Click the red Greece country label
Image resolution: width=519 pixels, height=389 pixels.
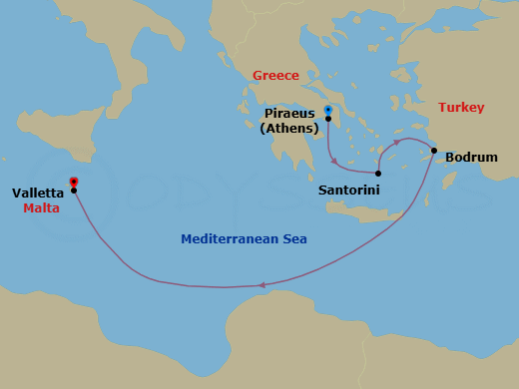click(275, 76)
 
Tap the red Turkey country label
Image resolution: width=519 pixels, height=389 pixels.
click(461, 108)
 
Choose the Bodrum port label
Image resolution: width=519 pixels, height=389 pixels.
click(471, 158)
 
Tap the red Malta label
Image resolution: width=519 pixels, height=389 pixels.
click(41, 208)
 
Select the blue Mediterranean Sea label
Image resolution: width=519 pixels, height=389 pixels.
click(244, 239)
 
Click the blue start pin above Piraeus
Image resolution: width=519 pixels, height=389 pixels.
click(328, 109)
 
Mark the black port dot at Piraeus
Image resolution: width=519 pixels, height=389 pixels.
click(328, 119)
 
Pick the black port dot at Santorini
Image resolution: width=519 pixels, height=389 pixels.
click(378, 173)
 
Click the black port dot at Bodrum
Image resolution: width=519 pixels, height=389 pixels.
click(434, 152)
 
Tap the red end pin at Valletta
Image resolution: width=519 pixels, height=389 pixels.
click(74, 182)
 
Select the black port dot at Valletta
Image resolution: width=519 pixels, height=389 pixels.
click(74, 190)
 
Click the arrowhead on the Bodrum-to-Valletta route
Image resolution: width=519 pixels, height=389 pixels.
click(261, 285)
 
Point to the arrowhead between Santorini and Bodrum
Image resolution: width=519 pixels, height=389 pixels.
click(397, 142)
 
